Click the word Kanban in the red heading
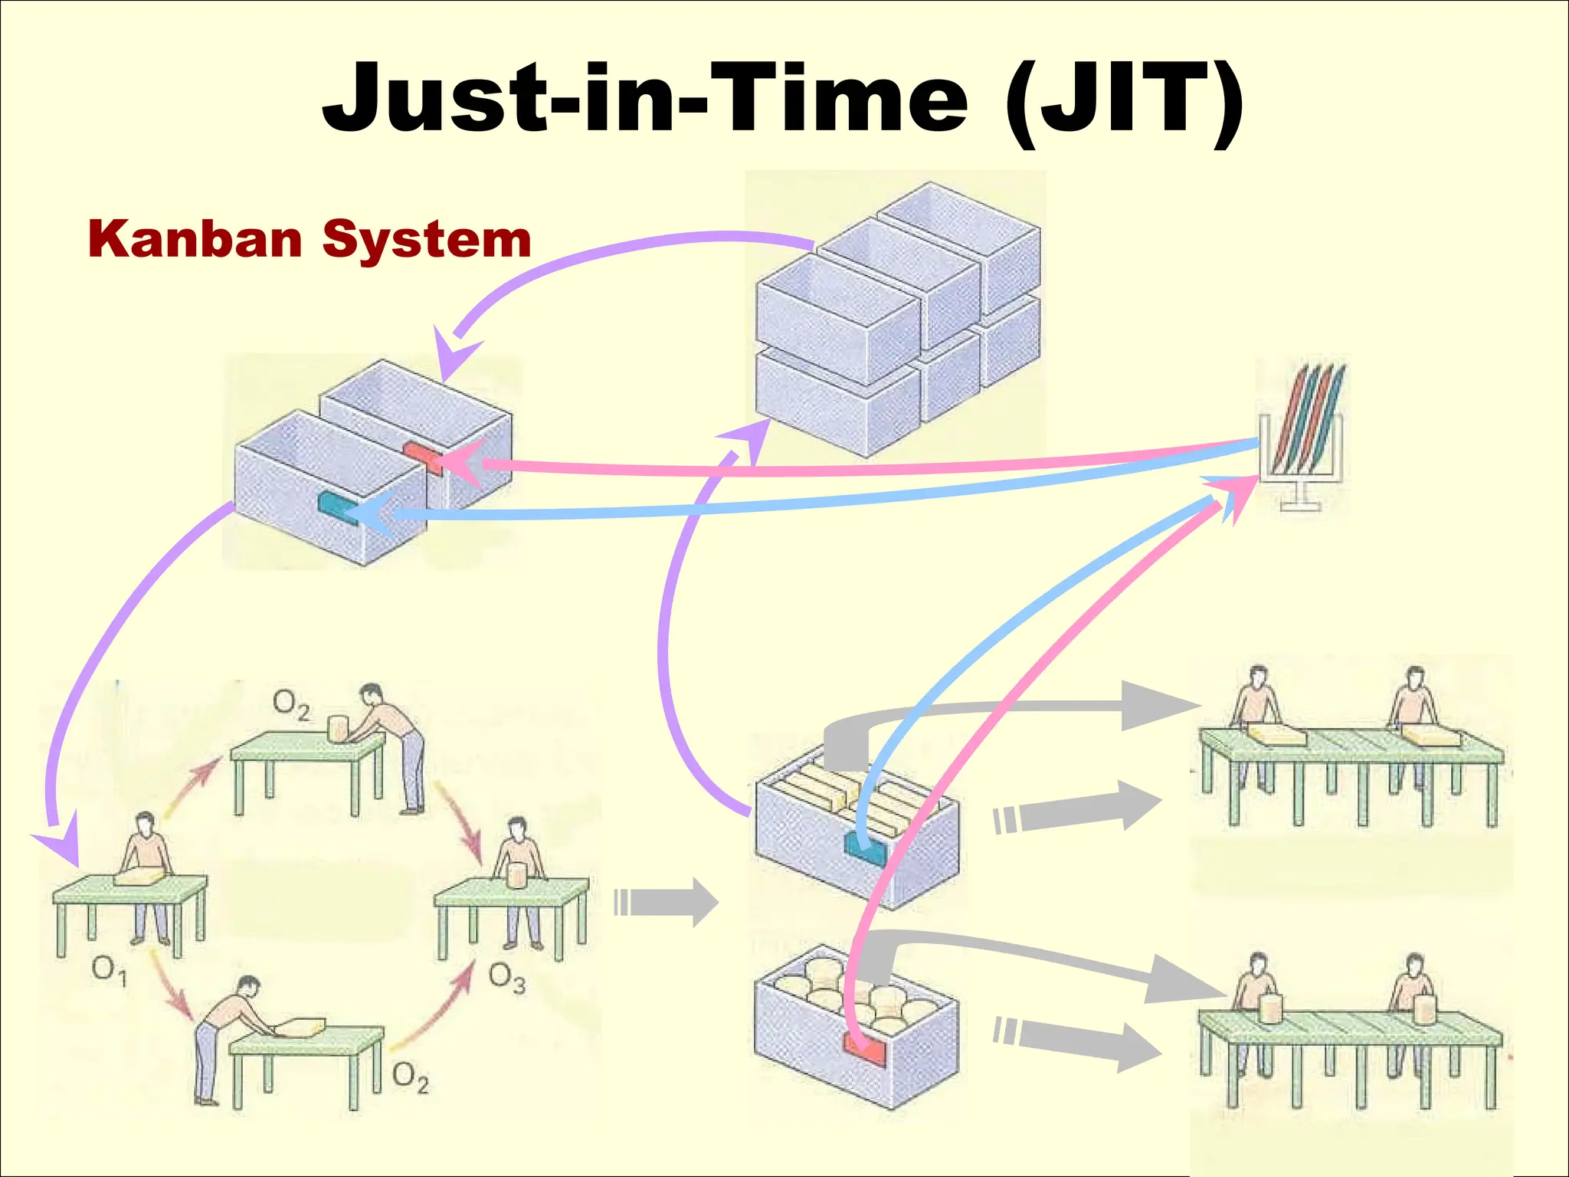point(196,239)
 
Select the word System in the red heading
point(427,241)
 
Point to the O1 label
point(109,971)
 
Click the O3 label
point(507,979)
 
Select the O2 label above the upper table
point(292,704)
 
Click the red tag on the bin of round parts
point(864,1047)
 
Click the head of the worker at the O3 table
point(519,829)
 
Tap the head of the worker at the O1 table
point(145,824)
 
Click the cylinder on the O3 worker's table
point(517,874)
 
